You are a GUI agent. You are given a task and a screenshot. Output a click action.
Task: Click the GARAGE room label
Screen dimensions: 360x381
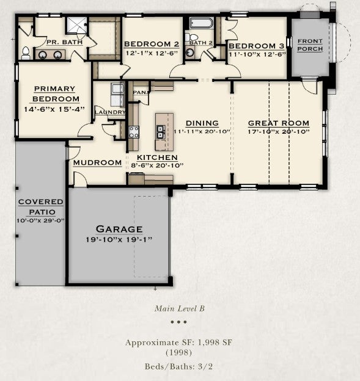119,229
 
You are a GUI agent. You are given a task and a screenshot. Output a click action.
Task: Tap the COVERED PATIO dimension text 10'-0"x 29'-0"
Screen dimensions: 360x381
40,220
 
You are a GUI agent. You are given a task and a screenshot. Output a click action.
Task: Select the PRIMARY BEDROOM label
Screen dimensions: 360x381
56,94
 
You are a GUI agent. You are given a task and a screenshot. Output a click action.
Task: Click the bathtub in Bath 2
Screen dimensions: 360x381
202,23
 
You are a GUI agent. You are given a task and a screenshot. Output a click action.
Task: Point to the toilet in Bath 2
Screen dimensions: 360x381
192,37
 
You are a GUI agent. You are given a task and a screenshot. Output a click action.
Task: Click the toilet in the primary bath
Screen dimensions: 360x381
26,53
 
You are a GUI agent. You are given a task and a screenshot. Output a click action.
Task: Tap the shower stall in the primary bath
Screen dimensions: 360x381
76,26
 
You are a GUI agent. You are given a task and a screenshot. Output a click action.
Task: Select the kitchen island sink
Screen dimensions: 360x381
161,132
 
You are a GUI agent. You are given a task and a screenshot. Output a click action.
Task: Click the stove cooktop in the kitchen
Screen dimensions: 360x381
133,132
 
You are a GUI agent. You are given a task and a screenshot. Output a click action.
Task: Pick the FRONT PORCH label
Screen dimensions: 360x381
310,45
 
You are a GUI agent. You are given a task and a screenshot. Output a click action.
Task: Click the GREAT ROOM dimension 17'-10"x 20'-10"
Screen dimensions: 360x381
279,132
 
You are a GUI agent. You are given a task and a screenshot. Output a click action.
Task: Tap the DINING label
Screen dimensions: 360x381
202,123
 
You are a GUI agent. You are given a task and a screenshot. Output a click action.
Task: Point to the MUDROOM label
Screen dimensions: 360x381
98,162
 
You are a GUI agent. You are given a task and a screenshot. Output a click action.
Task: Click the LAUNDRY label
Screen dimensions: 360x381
110,112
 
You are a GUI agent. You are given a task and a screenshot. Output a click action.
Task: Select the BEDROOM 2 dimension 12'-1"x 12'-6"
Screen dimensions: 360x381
152,53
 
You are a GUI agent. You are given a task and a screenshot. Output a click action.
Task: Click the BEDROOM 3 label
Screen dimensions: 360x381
257,46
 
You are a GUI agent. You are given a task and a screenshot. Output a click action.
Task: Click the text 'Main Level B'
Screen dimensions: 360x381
180,308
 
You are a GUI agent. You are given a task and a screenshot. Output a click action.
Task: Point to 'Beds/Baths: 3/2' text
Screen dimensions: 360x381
179,366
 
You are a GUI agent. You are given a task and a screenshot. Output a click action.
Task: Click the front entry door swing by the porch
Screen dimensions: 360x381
310,87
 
